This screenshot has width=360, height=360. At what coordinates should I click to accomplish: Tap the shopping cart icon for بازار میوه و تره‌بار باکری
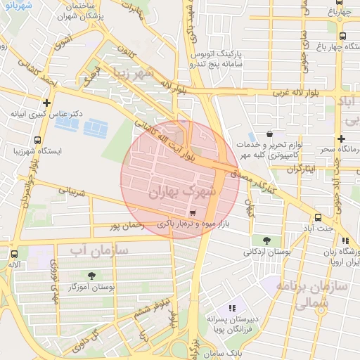193,212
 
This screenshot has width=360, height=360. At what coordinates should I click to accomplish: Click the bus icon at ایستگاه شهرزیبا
37,139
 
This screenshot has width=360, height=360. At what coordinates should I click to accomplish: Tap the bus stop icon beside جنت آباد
319,217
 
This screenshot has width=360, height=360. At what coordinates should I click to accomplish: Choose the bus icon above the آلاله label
14,254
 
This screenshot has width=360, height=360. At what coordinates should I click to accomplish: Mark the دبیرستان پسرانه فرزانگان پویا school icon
233,307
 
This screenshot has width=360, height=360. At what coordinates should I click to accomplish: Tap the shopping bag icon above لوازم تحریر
270,133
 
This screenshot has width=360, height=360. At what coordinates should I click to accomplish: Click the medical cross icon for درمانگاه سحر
341,139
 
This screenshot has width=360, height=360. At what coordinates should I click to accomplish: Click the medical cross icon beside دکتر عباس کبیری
46,103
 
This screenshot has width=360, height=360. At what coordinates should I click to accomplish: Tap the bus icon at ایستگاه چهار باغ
342,37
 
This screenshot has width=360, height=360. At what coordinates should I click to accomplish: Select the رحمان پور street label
127,226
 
